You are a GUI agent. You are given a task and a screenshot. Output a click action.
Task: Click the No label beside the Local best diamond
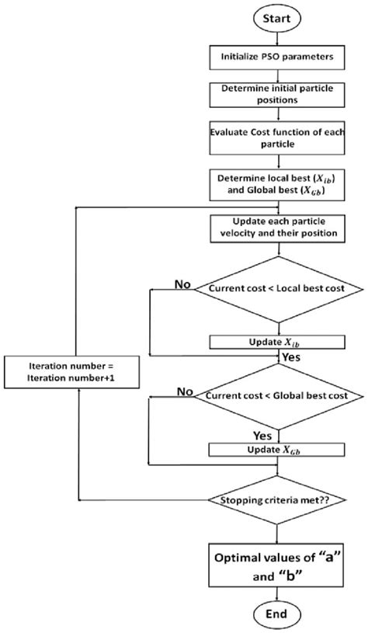pyautogui.click(x=183, y=285)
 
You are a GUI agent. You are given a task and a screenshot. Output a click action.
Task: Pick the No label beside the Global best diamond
pyautogui.click(x=186, y=391)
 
